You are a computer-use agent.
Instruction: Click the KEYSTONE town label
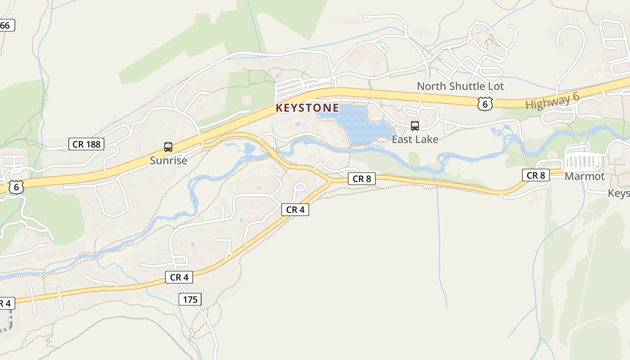click(x=307, y=108)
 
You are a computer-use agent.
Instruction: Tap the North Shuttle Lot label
click(x=460, y=86)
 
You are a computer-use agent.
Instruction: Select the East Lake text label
click(x=415, y=139)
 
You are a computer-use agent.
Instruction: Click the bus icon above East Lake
click(x=415, y=126)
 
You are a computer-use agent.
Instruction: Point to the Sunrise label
click(x=168, y=161)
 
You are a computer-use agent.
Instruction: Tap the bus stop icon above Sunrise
click(x=168, y=147)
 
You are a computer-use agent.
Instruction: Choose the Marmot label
click(x=585, y=176)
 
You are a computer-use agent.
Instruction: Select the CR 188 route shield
click(x=86, y=144)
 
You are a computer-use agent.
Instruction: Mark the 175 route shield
click(x=190, y=299)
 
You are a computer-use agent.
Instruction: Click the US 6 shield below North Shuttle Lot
click(x=485, y=104)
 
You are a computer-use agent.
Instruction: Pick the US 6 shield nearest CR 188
click(x=16, y=187)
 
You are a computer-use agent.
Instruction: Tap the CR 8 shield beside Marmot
click(x=536, y=175)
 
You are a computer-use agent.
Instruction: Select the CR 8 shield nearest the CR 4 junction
click(x=361, y=179)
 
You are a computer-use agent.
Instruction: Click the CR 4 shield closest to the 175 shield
click(x=179, y=278)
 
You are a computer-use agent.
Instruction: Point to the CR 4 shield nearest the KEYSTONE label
click(x=295, y=210)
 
